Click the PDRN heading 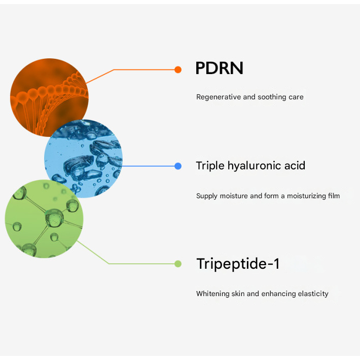(x=220, y=68)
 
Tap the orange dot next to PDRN (x=177, y=70)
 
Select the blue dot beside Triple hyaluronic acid (x=177, y=166)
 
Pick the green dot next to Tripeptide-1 (x=177, y=264)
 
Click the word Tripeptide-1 (x=237, y=264)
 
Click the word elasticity (x=312, y=294)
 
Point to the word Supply (x=207, y=196)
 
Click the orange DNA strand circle (x=49, y=97)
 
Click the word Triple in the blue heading (x=210, y=166)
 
